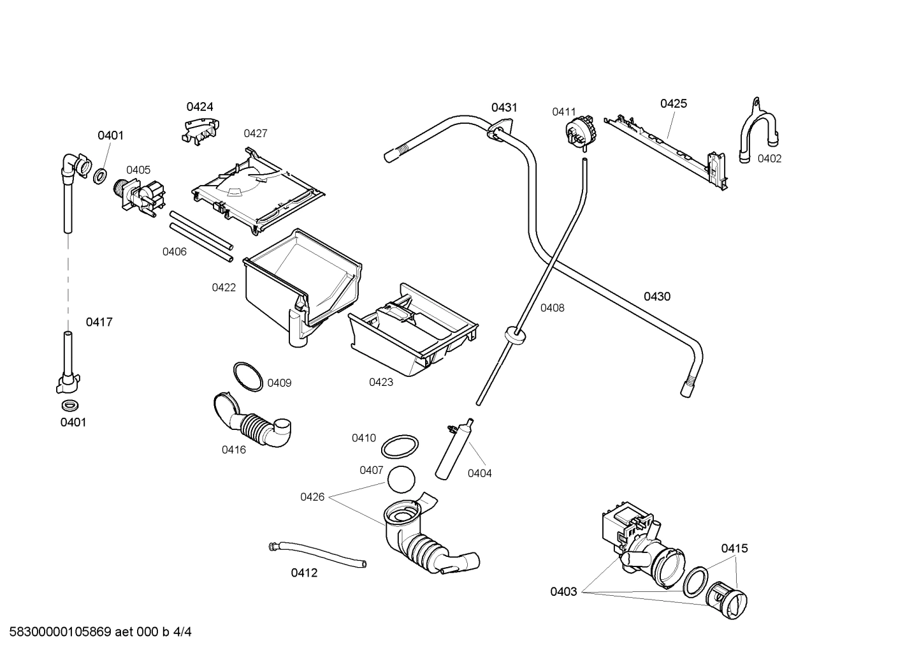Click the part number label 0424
coord(199,107)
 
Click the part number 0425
coord(673,103)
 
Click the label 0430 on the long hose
coord(656,296)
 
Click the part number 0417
coord(99,322)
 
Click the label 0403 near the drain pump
coord(563,591)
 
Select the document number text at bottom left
coord(96,632)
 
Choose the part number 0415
coord(734,548)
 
